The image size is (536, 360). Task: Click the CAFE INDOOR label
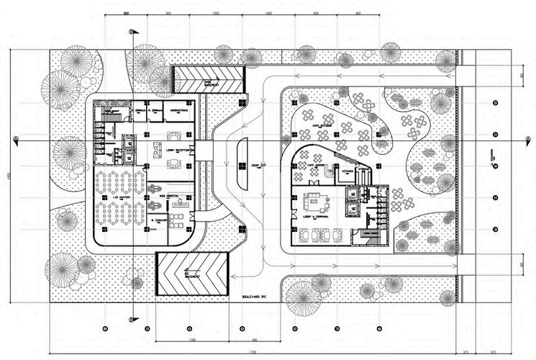pyautogui.click(x=317, y=166)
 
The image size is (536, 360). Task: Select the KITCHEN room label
pyautogui.click(x=348, y=171)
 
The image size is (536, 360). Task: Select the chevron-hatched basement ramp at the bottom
pyautogui.click(x=192, y=273)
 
